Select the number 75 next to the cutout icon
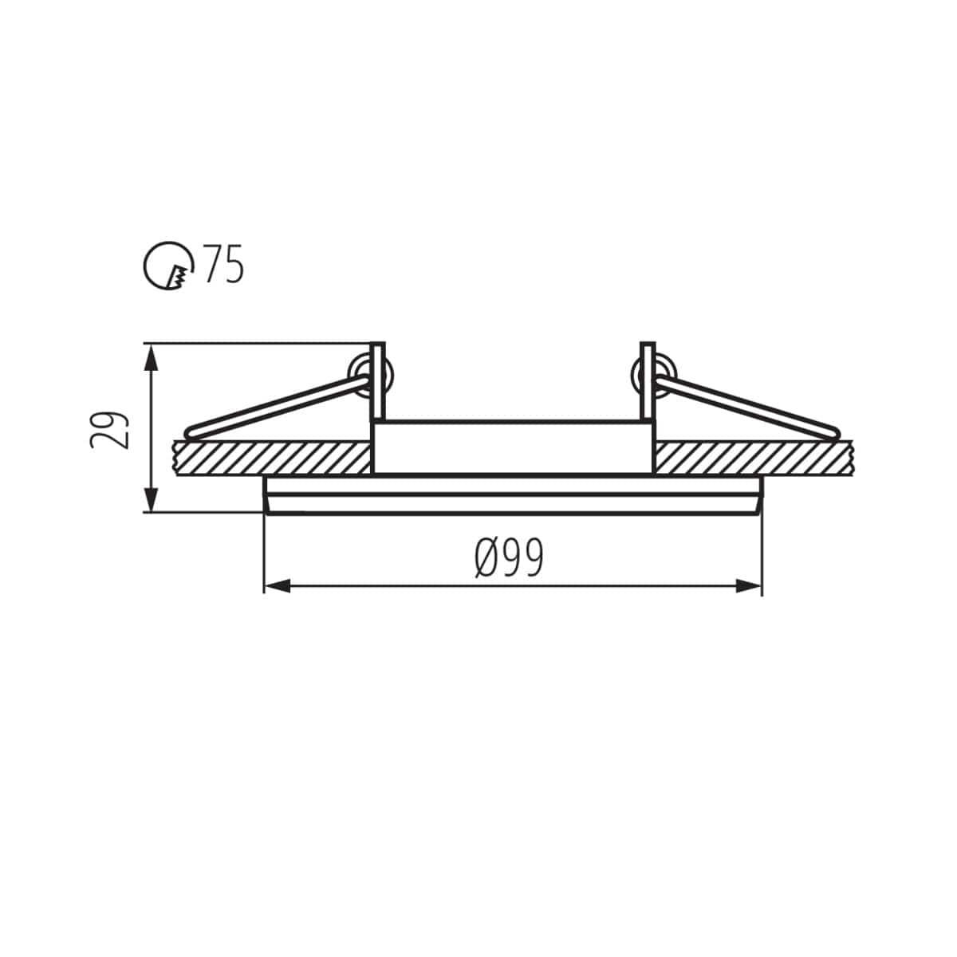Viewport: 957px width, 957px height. tap(223, 265)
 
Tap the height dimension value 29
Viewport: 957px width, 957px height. tap(110, 431)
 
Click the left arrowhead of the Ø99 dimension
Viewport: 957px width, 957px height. tap(276, 586)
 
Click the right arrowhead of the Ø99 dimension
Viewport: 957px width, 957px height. tap(750, 586)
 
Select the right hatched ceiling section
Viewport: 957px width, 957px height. tap(754, 459)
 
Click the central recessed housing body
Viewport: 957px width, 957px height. tap(513, 447)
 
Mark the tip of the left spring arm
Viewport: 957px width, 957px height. tap(190, 434)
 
